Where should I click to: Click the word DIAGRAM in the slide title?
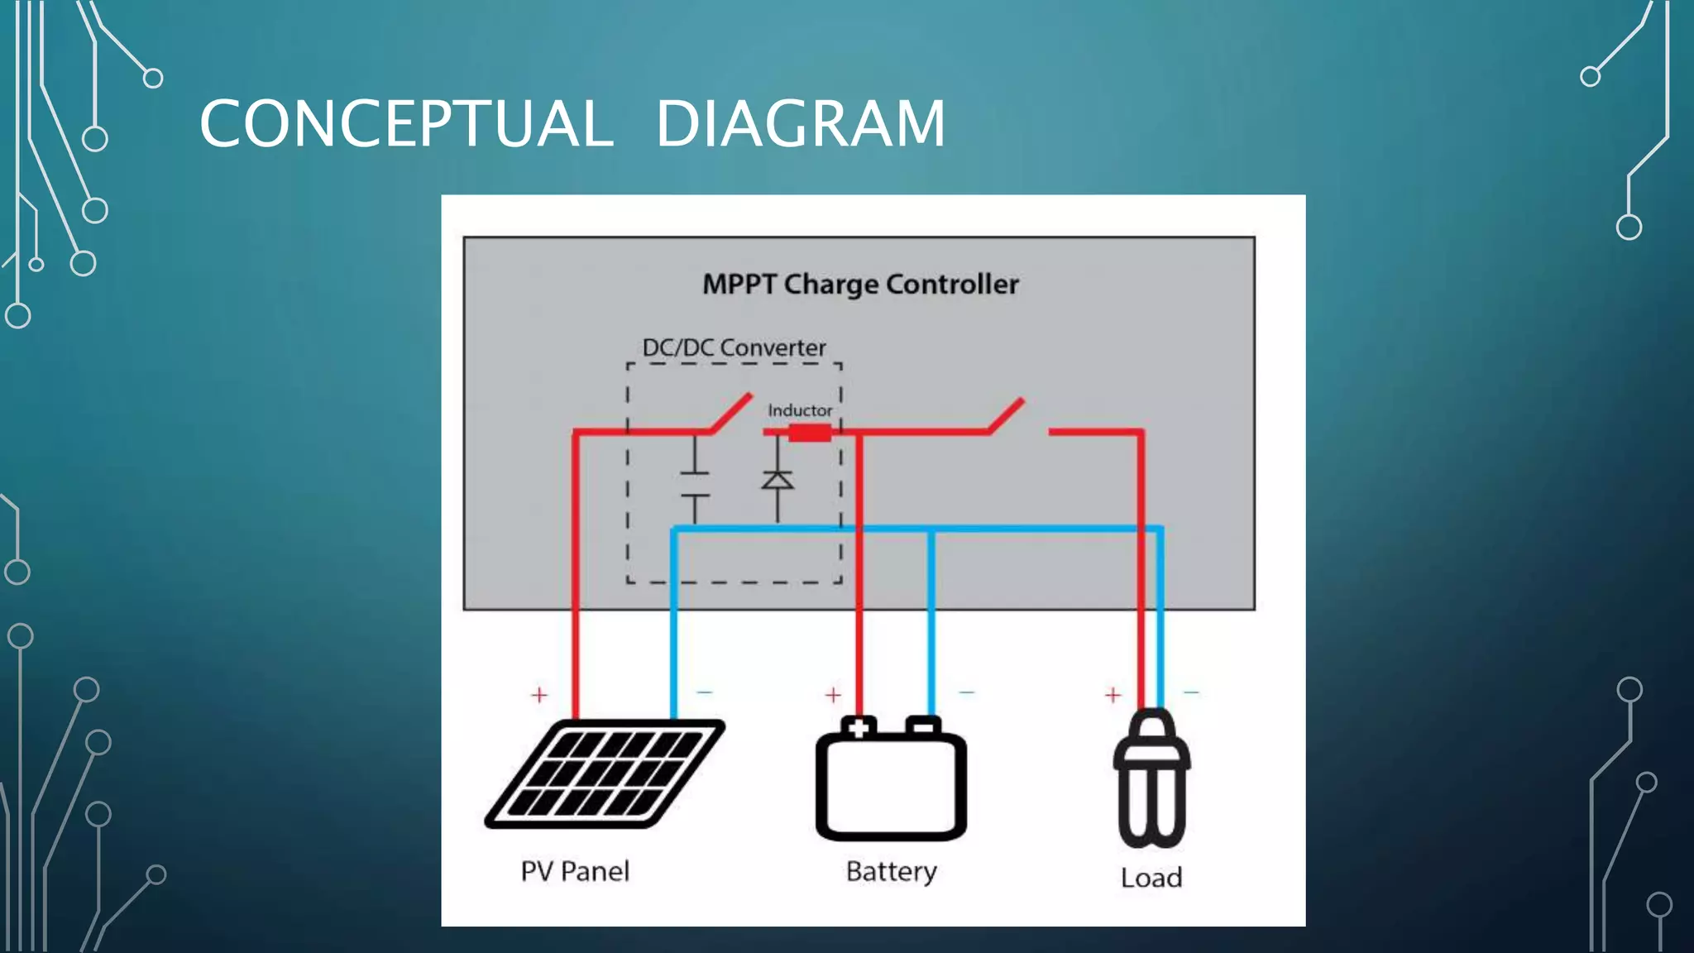(800, 124)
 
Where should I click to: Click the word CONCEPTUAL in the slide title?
(406, 124)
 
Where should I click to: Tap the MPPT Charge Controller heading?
(860, 285)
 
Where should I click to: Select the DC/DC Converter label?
(734, 347)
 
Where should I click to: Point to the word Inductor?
(799, 410)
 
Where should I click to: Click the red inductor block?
(809, 433)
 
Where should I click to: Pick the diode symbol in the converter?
(778, 481)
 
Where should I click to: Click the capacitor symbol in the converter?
(695, 484)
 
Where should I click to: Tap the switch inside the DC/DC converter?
(730, 414)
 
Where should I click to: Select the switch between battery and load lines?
(1006, 416)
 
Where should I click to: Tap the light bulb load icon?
(1151, 778)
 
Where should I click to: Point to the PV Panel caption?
(575, 871)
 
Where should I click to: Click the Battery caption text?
(891, 871)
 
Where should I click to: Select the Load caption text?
(1151, 878)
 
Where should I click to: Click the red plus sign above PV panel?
(539, 695)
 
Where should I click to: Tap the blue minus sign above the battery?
(966, 692)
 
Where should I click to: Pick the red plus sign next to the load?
(1113, 695)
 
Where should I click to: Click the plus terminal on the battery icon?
(859, 728)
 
